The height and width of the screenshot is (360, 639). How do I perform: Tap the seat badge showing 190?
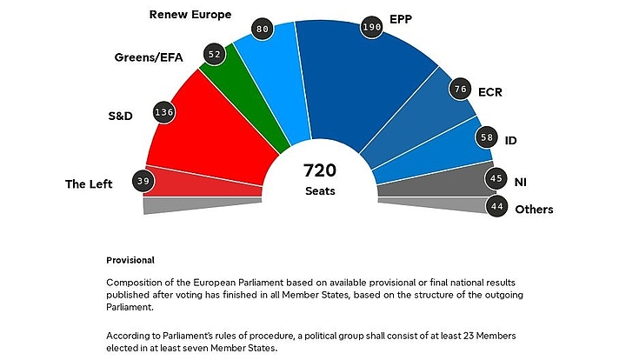coord(372,29)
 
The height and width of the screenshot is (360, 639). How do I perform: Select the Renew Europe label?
coord(190,15)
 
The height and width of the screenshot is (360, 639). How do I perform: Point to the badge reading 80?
coord(261,29)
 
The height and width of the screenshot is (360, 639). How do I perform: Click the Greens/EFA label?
coord(148,57)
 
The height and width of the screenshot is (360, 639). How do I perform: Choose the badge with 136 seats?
coord(163,112)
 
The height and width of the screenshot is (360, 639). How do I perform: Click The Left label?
coord(89,183)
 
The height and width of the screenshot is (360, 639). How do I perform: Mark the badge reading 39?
coord(143,181)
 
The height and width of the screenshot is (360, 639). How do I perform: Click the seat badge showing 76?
coord(462,88)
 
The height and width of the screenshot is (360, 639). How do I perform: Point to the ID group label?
coord(511,139)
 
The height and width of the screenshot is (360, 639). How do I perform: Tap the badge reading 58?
coord(487,137)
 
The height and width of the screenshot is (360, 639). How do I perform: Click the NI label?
coord(521,182)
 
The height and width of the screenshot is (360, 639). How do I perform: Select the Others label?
coord(534,209)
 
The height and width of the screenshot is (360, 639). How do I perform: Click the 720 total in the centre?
coord(319,170)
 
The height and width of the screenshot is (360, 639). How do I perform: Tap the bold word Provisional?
coord(130,260)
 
